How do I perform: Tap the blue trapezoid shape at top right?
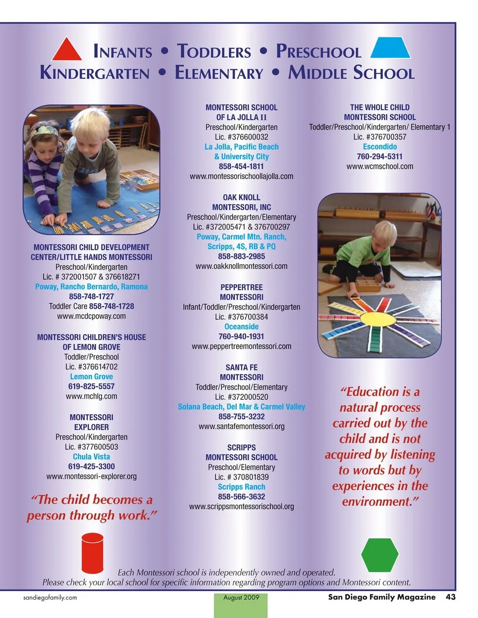391,48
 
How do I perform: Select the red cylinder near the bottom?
92,552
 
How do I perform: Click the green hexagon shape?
379,555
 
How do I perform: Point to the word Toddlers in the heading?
214,51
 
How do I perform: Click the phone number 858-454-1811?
241,166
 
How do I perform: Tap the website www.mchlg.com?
92,396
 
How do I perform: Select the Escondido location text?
380,147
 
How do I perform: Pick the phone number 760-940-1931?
241,337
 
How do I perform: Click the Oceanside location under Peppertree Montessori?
241,327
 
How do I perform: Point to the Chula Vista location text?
92,457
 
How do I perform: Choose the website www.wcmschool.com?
380,166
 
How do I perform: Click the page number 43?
451,597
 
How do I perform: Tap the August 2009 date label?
241,598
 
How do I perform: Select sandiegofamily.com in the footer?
50,598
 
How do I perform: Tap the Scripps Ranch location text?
241,487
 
